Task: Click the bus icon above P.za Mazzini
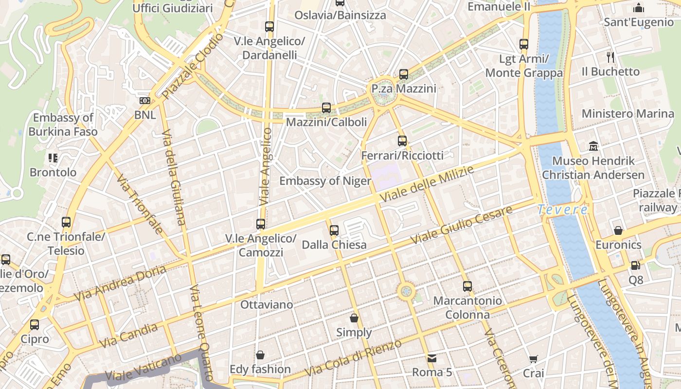(404, 74)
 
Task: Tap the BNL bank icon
(144, 101)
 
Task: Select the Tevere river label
(562, 210)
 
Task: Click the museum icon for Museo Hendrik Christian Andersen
(593, 146)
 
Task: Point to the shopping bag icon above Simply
(354, 318)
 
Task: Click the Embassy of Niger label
(325, 181)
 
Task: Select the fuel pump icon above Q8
(635, 265)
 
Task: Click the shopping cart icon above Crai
(534, 359)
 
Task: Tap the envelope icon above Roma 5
(431, 358)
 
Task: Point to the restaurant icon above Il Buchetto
(610, 57)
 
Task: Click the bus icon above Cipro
(35, 324)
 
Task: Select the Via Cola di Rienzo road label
(353, 358)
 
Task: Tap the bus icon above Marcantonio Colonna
(467, 286)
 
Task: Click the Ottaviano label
(267, 305)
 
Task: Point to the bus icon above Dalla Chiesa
(334, 230)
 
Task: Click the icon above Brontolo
(53, 158)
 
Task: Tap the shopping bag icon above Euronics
(618, 230)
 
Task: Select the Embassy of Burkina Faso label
(63, 124)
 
